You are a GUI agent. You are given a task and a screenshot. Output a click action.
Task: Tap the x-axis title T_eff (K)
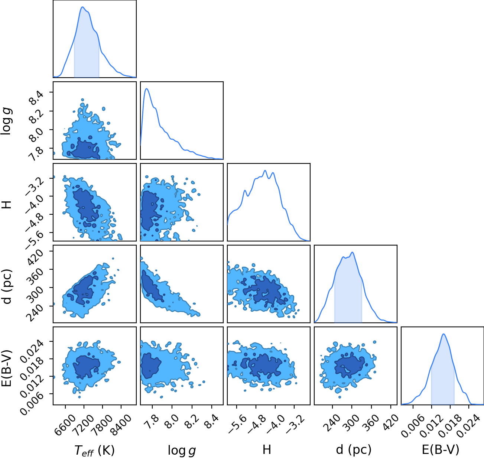[x=95, y=449]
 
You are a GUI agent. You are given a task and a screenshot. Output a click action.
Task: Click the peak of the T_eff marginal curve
[x=82, y=7]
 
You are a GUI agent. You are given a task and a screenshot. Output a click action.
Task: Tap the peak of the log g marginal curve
[x=146, y=88]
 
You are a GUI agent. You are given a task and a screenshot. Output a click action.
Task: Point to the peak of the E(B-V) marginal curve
[x=444, y=334]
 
